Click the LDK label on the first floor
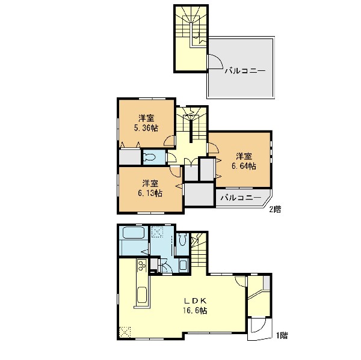click(195, 301)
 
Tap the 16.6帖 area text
click(195, 311)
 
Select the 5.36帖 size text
click(146, 128)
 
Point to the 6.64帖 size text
click(244, 166)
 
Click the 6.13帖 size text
click(150, 194)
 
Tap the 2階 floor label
click(275, 209)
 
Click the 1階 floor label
click(282, 335)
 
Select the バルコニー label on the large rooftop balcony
click(245, 71)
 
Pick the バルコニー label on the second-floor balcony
click(241, 198)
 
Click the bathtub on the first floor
click(134, 233)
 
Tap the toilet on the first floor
click(183, 239)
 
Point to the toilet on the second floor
click(150, 157)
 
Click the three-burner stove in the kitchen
click(142, 265)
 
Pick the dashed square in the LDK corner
click(125, 332)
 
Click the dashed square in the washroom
click(157, 232)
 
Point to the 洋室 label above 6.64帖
click(244, 156)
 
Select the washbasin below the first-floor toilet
click(184, 265)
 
